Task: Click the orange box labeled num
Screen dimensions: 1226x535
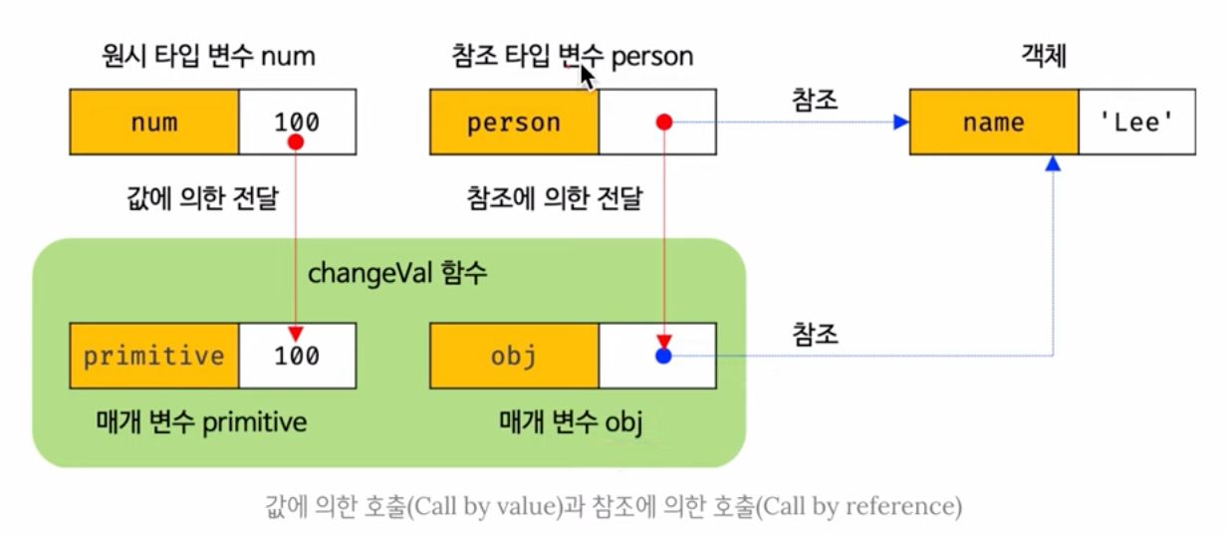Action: pos(153,123)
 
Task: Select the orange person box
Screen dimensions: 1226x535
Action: pos(514,123)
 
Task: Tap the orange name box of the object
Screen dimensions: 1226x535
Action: pos(993,123)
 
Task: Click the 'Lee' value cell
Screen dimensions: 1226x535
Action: pos(1135,123)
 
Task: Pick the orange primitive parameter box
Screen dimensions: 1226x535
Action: pos(153,356)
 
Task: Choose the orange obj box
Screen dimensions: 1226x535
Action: pos(514,356)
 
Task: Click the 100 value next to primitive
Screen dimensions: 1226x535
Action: pos(297,356)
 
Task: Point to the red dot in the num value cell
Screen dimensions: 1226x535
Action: pos(295,144)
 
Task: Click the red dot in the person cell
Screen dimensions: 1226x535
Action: pos(665,123)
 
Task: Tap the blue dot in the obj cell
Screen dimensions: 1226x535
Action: pos(664,356)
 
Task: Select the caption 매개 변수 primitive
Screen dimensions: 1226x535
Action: pos(193,421)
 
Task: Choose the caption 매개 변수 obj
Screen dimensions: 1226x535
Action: pos(570,421)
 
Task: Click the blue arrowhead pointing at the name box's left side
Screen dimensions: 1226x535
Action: pos(900,123)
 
